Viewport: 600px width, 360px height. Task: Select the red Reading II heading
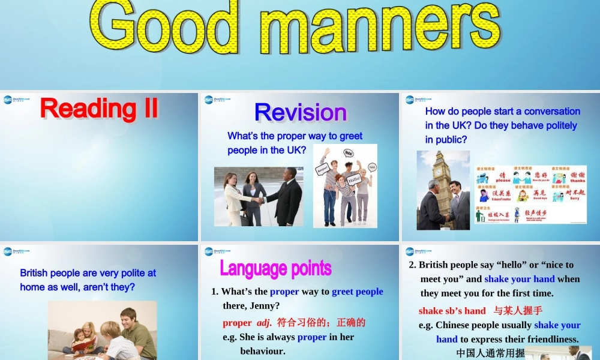100,109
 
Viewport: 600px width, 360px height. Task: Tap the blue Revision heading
301,112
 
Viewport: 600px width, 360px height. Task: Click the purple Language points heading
275,268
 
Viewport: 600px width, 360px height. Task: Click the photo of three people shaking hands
259,196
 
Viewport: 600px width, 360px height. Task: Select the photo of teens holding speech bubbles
345,186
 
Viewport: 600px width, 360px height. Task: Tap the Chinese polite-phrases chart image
530,194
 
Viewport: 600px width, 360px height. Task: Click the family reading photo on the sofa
102,331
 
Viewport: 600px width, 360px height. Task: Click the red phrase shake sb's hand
452,310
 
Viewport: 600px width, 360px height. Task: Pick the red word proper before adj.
237,322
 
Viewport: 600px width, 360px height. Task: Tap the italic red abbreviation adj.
264,322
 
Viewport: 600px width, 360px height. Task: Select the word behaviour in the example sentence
262,350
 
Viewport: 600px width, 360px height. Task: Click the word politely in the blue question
545,125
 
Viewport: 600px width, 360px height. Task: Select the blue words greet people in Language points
357,292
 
